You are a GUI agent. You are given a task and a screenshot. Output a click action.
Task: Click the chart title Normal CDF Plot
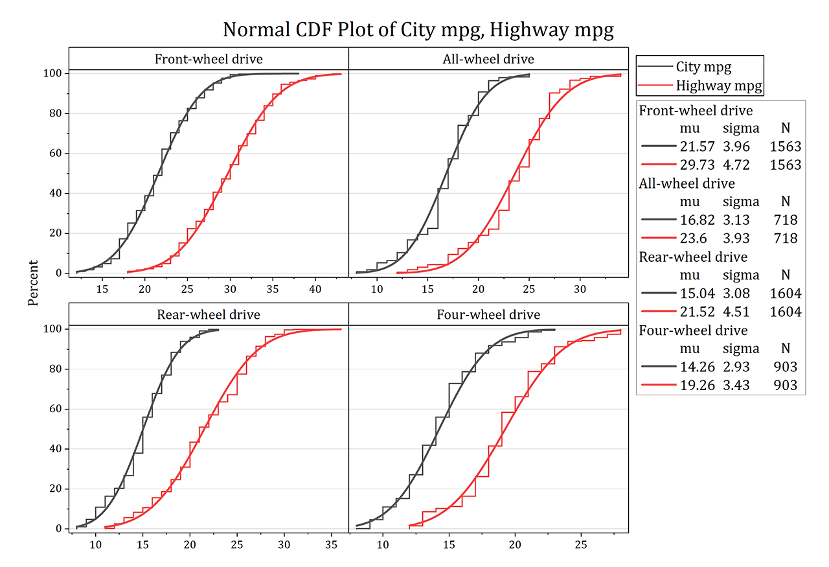pyautogui.click(x=418, y=30)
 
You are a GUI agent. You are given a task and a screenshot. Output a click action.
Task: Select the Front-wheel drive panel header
pyautogui.click(x=209, y=59)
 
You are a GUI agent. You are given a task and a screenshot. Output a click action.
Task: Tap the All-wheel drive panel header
pyautogui.click(x=488, y=59)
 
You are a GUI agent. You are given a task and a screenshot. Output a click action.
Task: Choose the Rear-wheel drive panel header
pyautogui.click(x=209, y=315)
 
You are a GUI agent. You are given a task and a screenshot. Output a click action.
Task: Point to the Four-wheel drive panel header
pyautogui.click(x=488, y=315)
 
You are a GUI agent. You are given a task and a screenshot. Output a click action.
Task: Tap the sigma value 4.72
pyautogui.click(x=736, y=165)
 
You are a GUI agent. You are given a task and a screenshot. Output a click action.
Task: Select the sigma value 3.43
pyautogui.click(x=736, y=386)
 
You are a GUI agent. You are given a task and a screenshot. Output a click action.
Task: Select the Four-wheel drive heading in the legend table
pyautogui.click(x=693, y=330)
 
